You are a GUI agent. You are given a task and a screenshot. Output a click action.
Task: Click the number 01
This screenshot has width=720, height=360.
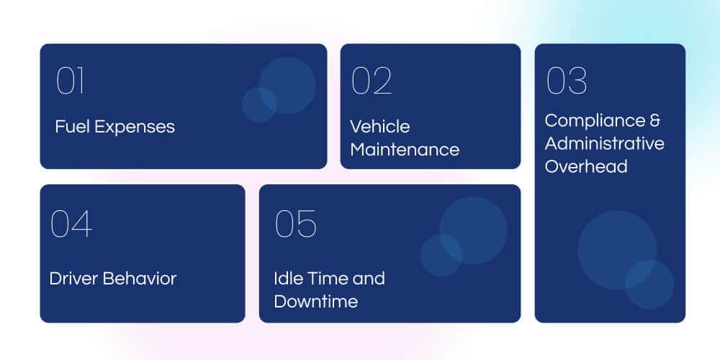(71, 81)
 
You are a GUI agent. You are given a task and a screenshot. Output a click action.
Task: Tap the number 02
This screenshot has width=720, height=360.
(372, 81)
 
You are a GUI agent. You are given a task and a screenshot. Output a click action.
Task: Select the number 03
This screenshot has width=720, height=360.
(567, 81)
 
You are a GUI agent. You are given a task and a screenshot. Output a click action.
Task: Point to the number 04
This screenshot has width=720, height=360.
(71, 224)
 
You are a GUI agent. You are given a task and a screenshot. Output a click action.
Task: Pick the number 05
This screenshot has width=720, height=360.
(296, 224)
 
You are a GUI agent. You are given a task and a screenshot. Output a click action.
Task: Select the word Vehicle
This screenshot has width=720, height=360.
(380, 127)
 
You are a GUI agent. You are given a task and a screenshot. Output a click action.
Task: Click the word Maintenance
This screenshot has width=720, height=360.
(405, 150)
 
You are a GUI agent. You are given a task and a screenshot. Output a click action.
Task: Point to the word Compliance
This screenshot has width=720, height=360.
(594, 121)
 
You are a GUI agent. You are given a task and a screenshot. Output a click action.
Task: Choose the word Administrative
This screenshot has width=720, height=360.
(604, 143)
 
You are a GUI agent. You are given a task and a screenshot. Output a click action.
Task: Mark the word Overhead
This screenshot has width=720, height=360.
(586, 166)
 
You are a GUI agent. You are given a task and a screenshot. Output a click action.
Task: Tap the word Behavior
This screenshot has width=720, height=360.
(140, 279)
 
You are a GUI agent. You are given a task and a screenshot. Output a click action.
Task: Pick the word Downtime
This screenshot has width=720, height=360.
(315, 301)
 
